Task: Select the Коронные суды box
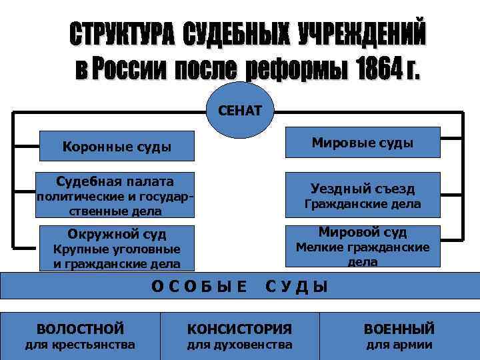click(116, 146)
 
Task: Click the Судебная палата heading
click(115, 181)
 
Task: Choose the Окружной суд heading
click(117, 234)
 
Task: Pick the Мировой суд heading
click(363, 232)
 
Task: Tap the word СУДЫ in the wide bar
click(297, 287)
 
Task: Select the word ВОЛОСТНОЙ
click(80, 329)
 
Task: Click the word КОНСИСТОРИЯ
click(239, 329)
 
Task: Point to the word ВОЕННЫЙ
click(399, 329)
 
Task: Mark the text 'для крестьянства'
click(80, 345)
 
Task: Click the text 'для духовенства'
click(239, 345)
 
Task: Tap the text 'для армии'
click(399, 345)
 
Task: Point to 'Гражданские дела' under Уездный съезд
click(363, 203)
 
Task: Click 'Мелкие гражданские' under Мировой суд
click(363, 247)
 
